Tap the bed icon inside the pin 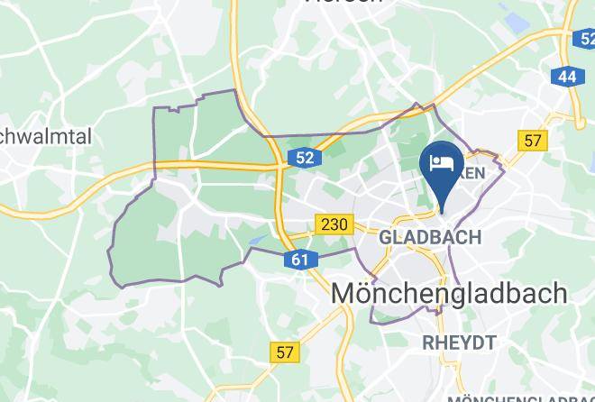coord(442,163)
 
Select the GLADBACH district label coord(430,238)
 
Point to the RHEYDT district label coord(459,342)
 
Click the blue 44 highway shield coord(567,77)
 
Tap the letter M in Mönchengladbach coord(346,293)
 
